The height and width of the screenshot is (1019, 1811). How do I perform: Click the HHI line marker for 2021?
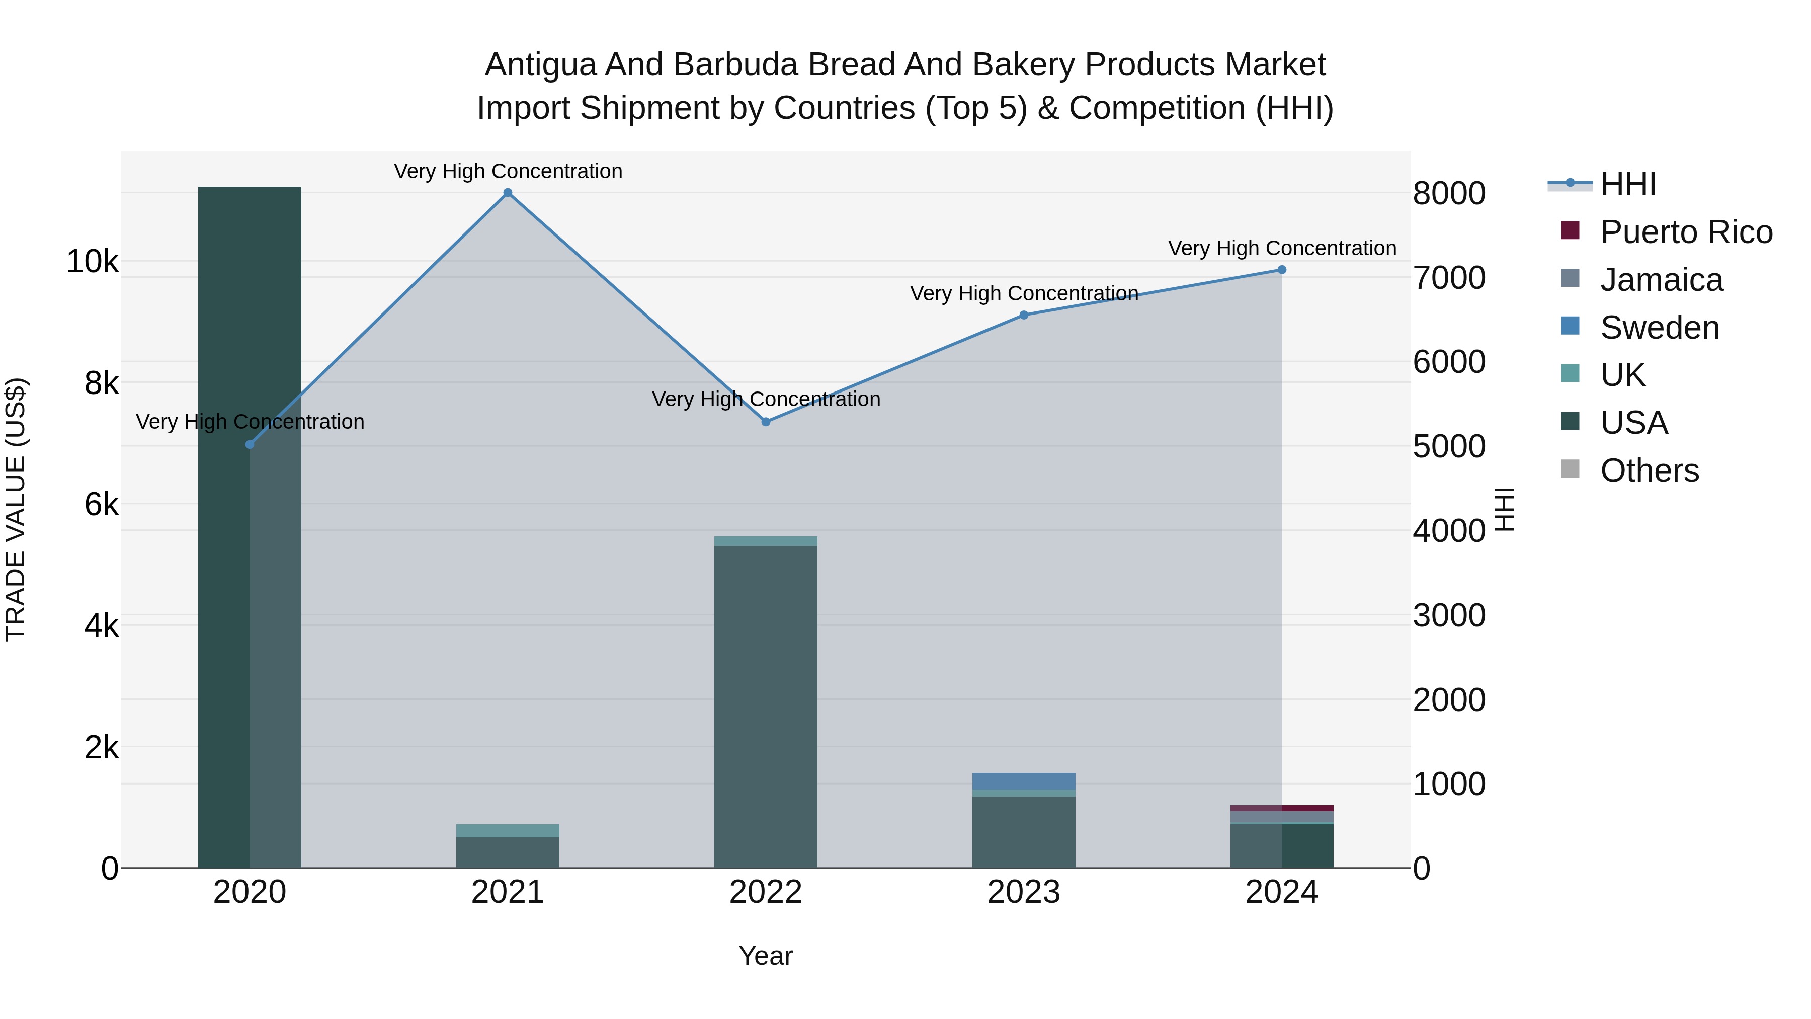point(508,193)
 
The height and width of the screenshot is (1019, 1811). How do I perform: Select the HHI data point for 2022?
point(766,422)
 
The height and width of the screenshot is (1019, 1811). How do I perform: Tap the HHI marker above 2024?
point(1282,270)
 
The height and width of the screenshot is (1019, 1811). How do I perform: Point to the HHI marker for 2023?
point(1024,315)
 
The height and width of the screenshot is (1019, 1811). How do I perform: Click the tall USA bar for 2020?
point(250,527)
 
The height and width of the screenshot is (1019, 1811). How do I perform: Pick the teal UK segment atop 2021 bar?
point(508,830)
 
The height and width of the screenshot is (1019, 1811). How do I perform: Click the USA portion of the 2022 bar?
point(766,703)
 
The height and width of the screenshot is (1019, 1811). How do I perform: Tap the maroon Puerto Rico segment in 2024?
point(1282,808)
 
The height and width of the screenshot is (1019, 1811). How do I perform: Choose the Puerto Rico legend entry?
point(1686,232)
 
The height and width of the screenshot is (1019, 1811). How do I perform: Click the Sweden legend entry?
point(1659,328)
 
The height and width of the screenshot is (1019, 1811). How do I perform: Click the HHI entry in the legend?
point(1627,184)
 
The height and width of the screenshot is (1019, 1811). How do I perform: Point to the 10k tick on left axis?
point(92,262)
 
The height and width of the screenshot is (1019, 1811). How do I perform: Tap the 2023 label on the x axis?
point(1024,892)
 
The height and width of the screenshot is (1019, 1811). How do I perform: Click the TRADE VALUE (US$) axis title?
point(16,509)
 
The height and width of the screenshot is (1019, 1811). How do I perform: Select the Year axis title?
point(766,956)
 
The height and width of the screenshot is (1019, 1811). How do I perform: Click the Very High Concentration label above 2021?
point(508,171)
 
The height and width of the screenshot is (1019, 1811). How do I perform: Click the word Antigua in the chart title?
point(540,65)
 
